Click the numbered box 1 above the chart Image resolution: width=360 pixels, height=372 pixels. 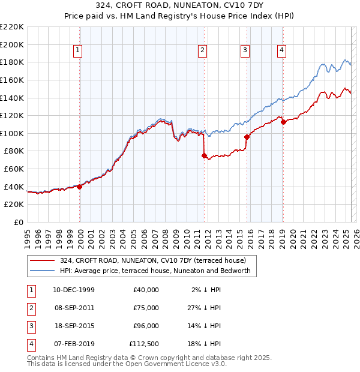point(79,50)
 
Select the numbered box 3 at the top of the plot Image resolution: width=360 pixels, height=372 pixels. point(245,50)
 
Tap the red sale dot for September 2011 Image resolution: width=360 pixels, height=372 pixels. point(204,155)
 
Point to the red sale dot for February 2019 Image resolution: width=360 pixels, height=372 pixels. point(283,122)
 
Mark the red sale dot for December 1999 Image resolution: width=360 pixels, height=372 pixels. point(79,187)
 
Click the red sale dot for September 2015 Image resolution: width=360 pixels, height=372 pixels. point(247,137)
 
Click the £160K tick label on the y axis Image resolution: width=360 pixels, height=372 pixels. point(12,80)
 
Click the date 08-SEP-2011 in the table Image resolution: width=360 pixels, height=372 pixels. point(74,308)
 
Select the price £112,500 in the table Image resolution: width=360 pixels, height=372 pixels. point(144,344)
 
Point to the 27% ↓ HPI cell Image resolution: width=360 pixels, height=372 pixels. point(205,308)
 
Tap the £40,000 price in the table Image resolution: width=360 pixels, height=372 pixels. point(146,290)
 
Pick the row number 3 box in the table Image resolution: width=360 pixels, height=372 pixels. point(29,326)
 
